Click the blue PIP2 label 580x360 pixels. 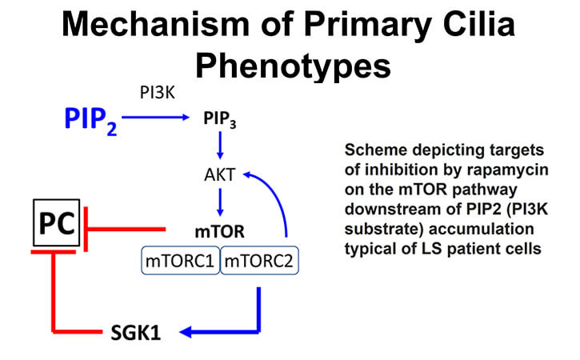pyautogui.click(x=90, y=121)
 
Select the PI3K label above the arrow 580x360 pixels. pyautogui.click(x=158, y=93)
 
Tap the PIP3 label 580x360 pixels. pyautogui.click(x=220, y=119)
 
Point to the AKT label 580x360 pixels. pyautogui.click(x=220, y=174)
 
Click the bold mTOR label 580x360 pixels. pyautogui.click(x=220, y=232)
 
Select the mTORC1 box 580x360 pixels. pyautogui.click(x=181, y=261)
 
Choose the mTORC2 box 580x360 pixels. pyautogui.click(x=259, y=261)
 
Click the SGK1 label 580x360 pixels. pyautogui.click(x=136, y=332)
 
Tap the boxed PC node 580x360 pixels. pyautogui.click(x=57, y=222)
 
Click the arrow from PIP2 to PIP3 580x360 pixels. pyautogui.click(x=155, y=118)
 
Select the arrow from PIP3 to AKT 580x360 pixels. pyautogui.click(x=220, y=146)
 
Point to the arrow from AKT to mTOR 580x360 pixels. pyautogui.click(x=220, y=202)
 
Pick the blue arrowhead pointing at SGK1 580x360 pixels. pyautogui.click(x=186, y=332)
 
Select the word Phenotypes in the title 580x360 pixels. pyautogui.click(x=293, y=66)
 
